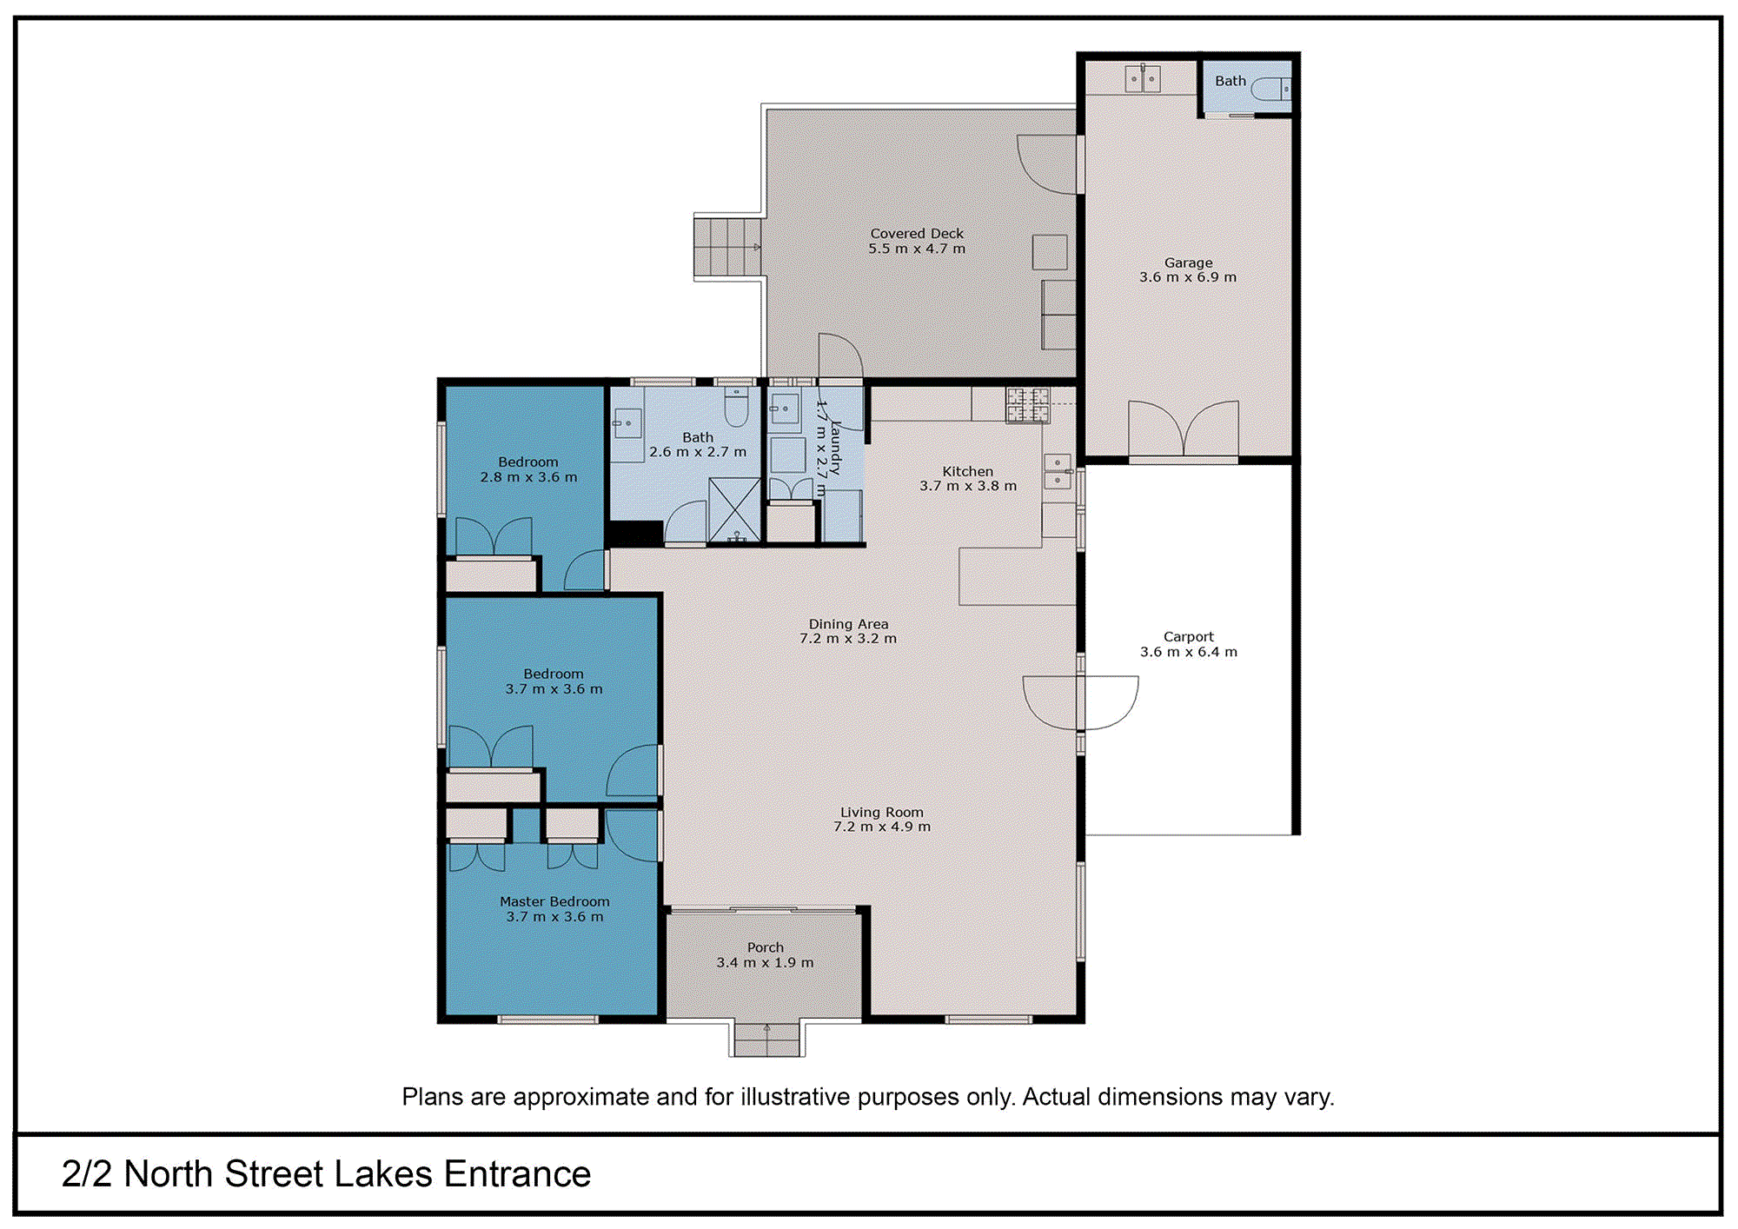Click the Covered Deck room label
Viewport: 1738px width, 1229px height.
tap(917, 233)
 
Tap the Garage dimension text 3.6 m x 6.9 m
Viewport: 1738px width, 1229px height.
tap(1187, 277)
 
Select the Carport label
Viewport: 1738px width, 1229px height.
tap(1188, 636)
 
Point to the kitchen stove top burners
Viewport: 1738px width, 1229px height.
tap(1028, 405)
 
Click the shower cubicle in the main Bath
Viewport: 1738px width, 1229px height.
tap(734, 510)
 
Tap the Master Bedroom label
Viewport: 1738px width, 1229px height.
tap(554, 901)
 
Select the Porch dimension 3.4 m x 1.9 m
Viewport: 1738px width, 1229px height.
tap(765, 962)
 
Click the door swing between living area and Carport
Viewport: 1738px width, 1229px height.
tap(1081, 702)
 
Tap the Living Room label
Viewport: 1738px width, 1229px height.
tap(881, 812)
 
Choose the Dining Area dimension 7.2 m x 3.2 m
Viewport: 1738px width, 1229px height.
tap(847, 638)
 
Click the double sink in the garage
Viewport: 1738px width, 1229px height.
tap(1142, 79)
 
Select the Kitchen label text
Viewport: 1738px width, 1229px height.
tap(967, 471)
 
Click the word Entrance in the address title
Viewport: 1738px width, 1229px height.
tap(517, 1173)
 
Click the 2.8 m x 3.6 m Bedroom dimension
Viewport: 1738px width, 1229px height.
tap(528, 477)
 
